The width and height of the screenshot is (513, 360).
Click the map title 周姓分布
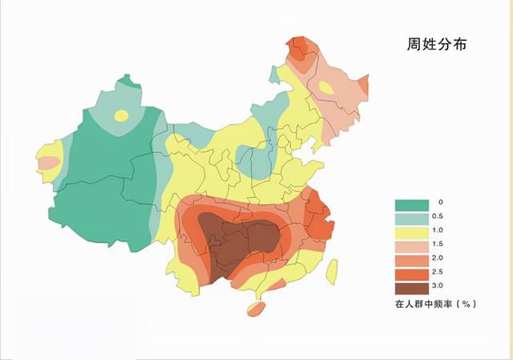[436, 46]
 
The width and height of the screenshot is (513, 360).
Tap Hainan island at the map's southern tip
[255, 308]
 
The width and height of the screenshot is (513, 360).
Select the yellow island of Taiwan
[332, 271]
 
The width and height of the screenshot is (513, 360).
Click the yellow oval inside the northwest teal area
[120, 115]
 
